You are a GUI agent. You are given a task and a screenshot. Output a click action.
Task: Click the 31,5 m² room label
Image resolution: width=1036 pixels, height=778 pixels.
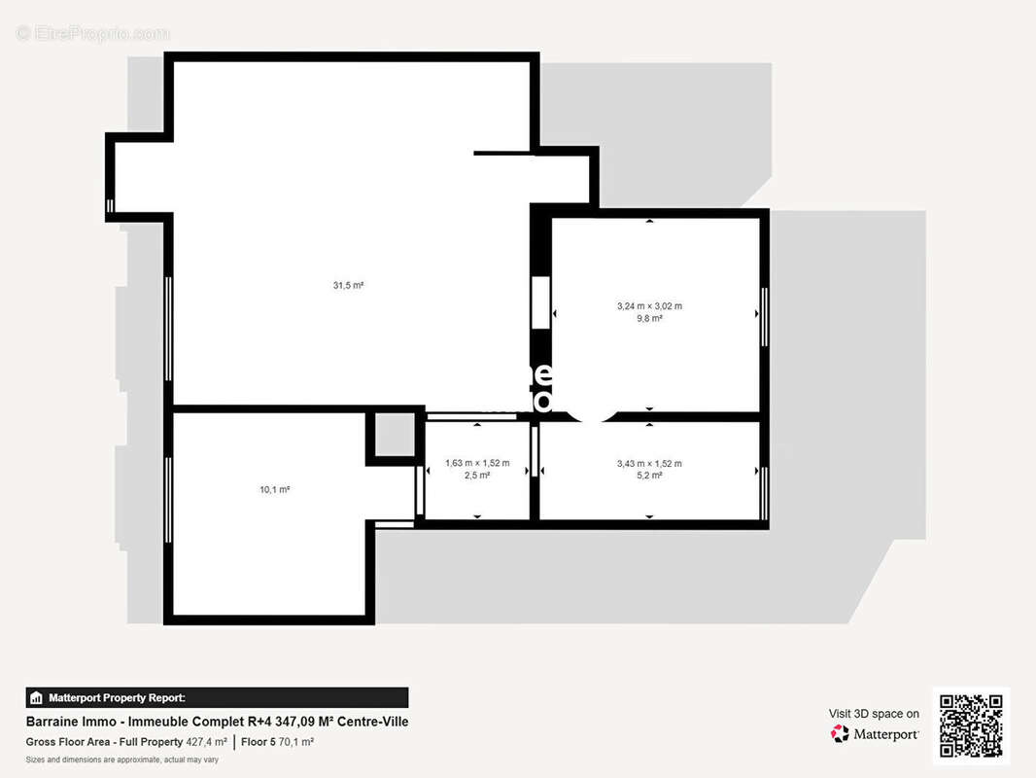click(x=348, y=285)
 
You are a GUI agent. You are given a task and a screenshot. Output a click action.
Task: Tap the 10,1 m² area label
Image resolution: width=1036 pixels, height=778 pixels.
click(x=275, y=489)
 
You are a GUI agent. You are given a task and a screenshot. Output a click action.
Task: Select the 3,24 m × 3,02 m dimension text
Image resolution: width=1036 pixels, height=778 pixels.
click(x=649, y=305)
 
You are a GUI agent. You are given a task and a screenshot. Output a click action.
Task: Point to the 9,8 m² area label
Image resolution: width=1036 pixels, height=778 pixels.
click(x=649, y=318)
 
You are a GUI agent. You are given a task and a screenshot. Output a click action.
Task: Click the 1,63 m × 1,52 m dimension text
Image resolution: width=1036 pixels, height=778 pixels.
click(x=477, y=463)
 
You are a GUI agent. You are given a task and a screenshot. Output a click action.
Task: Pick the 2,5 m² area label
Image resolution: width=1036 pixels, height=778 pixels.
click(x=477, y=476)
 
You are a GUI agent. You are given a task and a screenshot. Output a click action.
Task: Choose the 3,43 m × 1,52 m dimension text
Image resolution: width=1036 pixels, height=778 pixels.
click(x=649, y=463)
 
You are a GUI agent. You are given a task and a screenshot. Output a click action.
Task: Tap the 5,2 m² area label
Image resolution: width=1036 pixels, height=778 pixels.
click(x=649, y=476)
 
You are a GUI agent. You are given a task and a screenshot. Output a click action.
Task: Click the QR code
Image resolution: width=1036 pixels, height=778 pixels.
click(x=971, y=725)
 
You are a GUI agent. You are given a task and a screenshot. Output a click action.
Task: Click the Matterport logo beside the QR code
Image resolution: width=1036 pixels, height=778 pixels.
click(x=875, y=734)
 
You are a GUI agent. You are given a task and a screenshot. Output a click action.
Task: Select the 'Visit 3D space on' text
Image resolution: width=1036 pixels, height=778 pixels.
click(x=874, y=714)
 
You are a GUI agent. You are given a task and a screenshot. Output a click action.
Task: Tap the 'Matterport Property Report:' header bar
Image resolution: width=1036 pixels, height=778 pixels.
click(x=217, y=697)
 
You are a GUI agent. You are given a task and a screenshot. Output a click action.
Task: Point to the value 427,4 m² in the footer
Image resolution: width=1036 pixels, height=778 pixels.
click(x=207, y=742)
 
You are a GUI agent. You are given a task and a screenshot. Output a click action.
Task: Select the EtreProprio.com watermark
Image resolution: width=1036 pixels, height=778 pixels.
click(x=93, y=33)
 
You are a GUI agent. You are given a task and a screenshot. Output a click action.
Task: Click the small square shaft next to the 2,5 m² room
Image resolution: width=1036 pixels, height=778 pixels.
click(x=395, y=435)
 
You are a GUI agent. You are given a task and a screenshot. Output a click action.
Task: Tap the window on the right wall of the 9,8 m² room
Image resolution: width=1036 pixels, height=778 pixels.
click(x=764, y=314)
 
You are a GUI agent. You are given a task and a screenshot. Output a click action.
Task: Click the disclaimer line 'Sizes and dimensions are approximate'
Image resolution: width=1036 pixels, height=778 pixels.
click(x=121, y=760)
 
